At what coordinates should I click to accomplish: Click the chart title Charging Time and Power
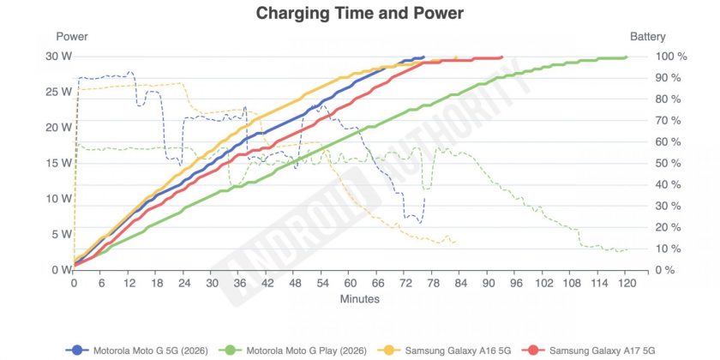[359, 14]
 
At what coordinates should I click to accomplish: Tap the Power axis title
[72, 37]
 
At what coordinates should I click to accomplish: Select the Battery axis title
[647, 37]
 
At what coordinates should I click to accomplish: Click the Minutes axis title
[360, 299]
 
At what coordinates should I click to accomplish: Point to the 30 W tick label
[59, 57]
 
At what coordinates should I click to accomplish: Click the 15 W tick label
[59, 163]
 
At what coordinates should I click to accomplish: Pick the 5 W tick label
[62, 234]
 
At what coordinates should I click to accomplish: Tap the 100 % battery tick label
[671, 57]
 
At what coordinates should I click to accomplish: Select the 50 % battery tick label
[668, 163]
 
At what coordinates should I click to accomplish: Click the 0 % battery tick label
[665, 270]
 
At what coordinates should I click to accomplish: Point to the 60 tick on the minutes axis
[350, 283]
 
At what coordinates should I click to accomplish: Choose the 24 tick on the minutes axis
[184, 283]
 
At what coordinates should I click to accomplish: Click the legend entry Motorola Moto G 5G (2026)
[137, 351]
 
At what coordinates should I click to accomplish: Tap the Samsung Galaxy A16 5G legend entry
[446, 351]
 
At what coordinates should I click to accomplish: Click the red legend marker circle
[537, 351]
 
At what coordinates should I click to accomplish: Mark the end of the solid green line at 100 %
[626, 57]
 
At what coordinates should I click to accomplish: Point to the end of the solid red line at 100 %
[501, 57]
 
